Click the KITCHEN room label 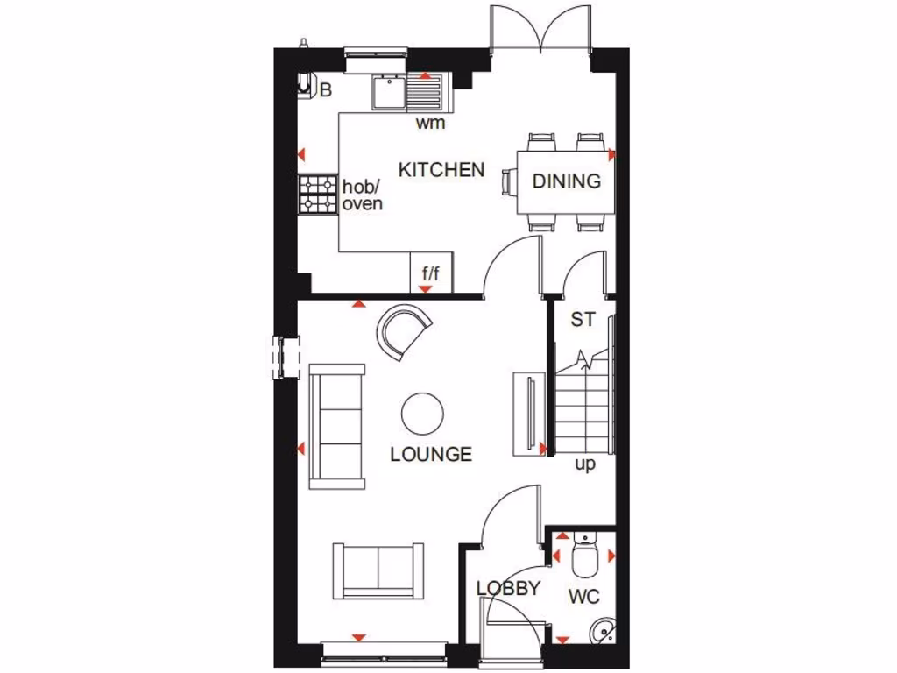pos(441,169)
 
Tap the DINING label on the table pos(567,181)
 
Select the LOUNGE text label pos(431,454)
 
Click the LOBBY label pos(508,589)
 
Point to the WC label pos(583,597)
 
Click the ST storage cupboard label pos(583,320)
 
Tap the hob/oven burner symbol pos(317,194)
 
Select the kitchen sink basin pos(386,92)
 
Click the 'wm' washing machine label pos(430,123)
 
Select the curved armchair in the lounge pos(405,330)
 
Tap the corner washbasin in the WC pos(602,631)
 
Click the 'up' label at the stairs pos(584,464)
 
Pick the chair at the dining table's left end pos(507,181)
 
